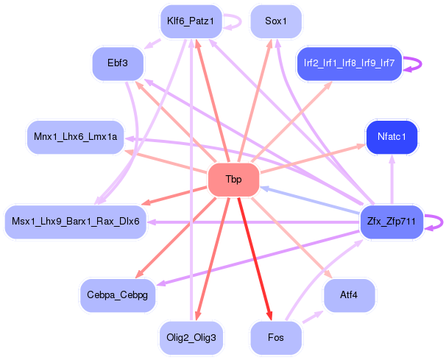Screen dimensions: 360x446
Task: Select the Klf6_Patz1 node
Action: tap(190, 21)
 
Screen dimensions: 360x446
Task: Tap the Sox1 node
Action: tap(276, 21)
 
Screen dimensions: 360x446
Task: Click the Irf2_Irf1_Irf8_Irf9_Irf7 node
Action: tap(349, 63)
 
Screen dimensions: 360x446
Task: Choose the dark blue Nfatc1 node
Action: tap(392, 136)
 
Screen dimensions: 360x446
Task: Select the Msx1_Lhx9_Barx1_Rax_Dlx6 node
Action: tap(76, 222)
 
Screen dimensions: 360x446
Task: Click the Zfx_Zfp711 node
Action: tap(392, 222)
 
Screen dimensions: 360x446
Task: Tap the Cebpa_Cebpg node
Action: tap(118, 294)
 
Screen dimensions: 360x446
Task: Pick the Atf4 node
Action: tap(349, 294)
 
